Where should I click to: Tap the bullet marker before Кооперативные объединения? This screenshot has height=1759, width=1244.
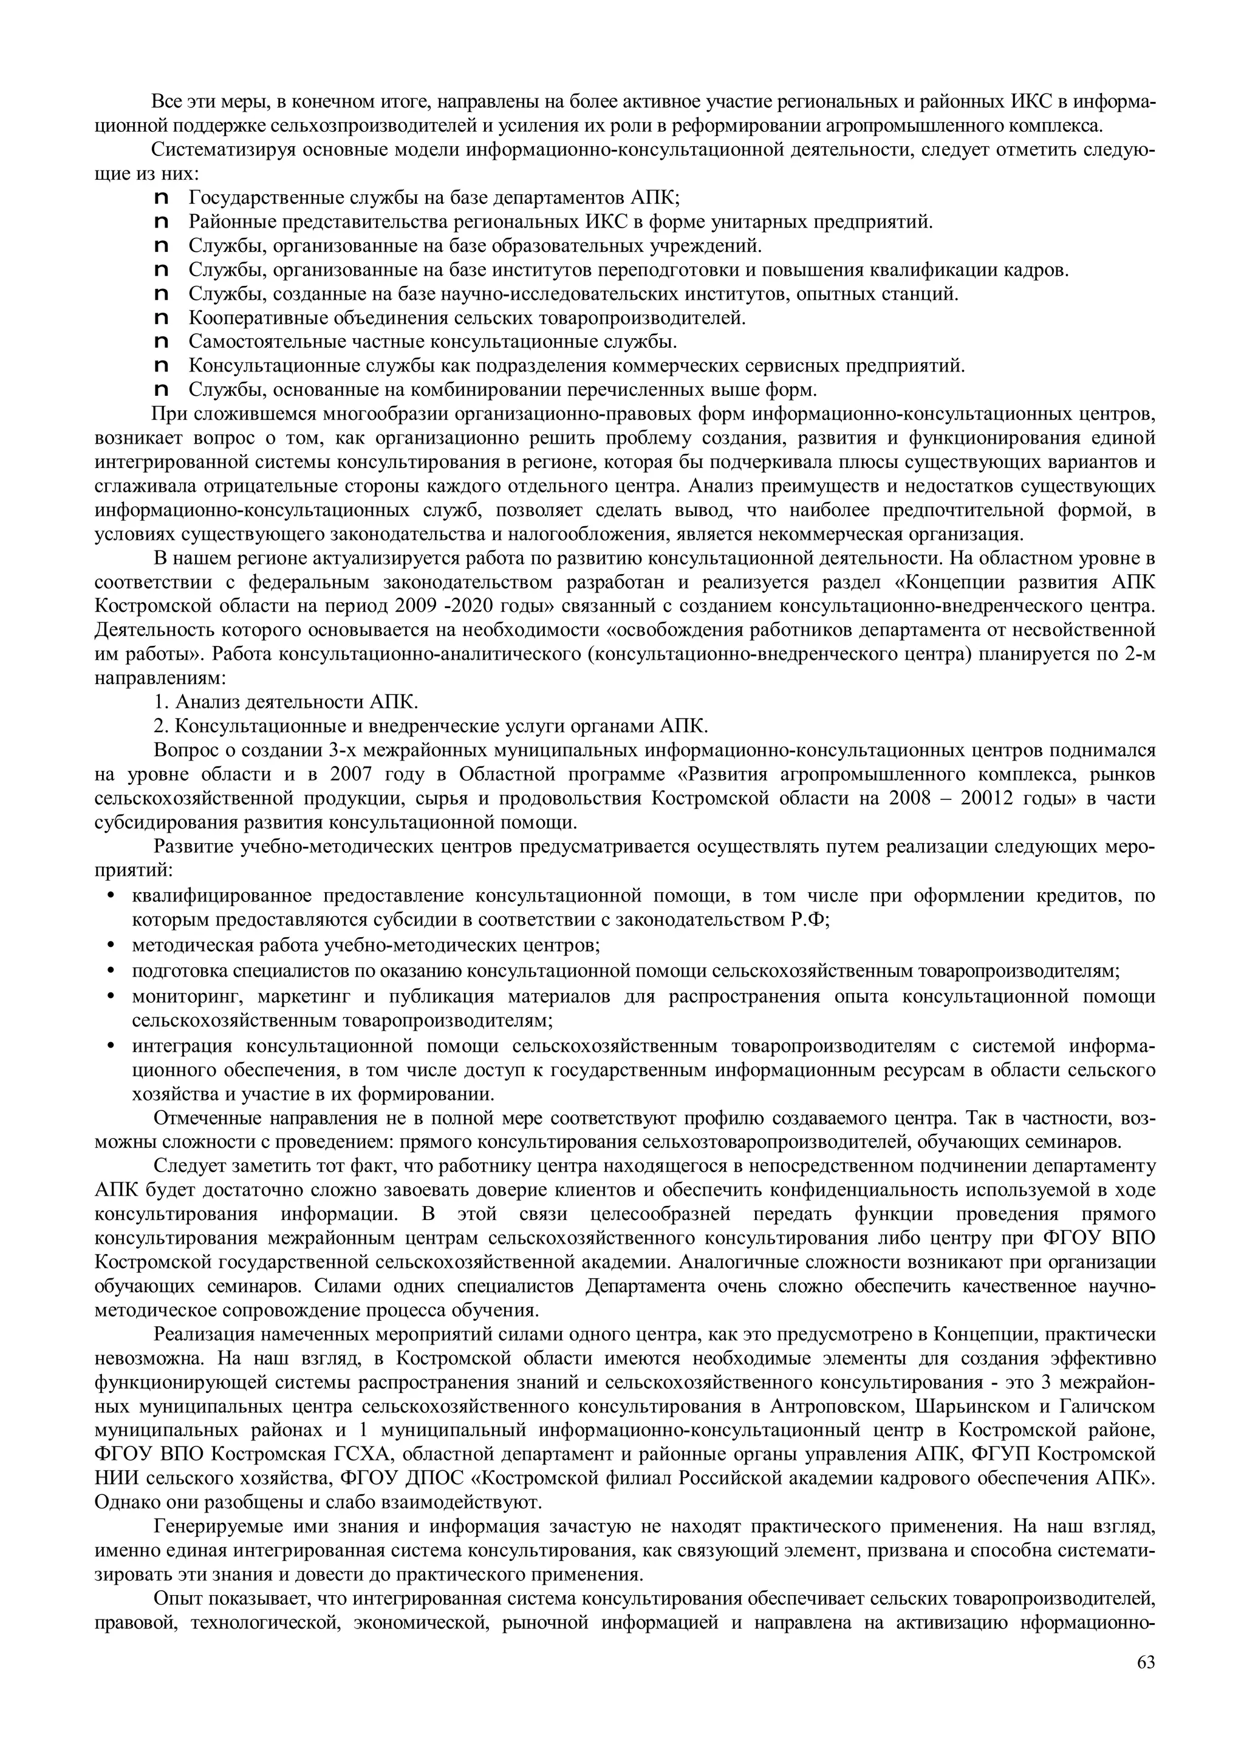click(x=161, y=318)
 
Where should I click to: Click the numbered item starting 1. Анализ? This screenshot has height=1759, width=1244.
click(x=286, y=702)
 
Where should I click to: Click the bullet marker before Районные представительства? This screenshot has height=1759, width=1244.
click(x=161, y=222)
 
